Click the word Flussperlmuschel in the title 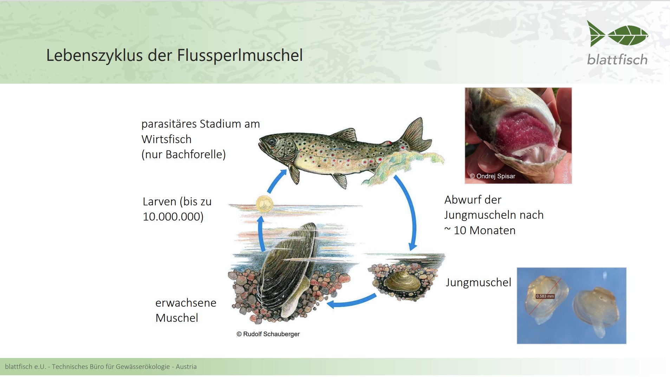click(x=240, y=55)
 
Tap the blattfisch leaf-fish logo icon click(x=618, y=34)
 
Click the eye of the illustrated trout click(x=272, y=142)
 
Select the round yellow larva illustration click(x=264, y=204)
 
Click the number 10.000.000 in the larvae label click(x=173, y=217)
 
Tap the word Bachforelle click(x=196, y=154)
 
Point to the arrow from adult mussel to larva click(x=261, y=234)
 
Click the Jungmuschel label click(x=478, y=282)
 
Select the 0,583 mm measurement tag click(x=545, y=296)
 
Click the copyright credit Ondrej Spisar click(x=493, y=176)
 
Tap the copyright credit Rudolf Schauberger click(x=268, y=334)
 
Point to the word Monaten click(x=492, y=230)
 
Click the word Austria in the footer click(x=186, y=366)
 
